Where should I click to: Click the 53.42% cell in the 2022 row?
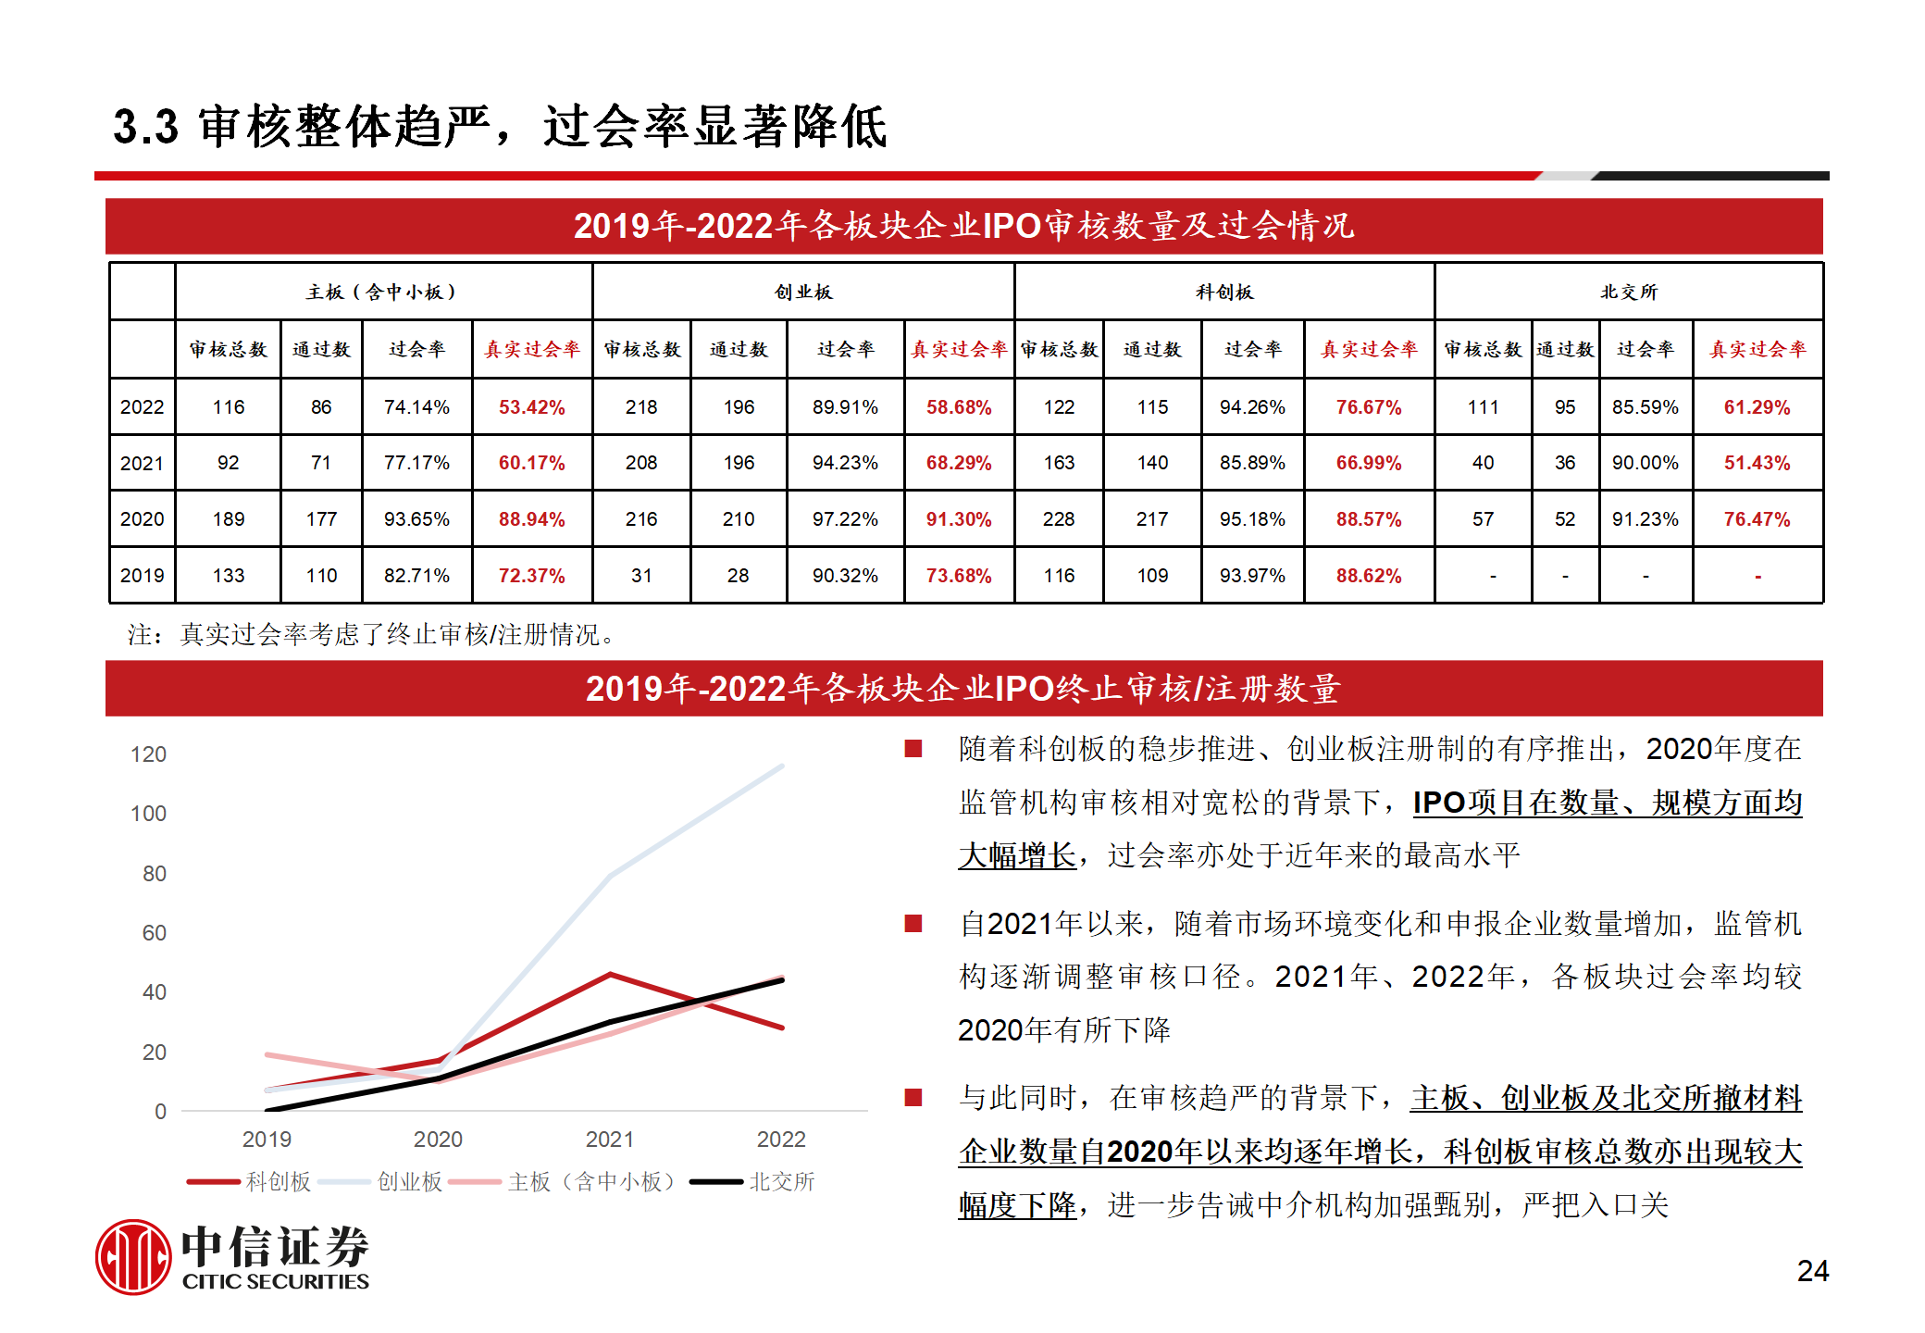(531, 407)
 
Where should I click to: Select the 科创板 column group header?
(1223, 293)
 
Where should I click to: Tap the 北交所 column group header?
(1629, 293)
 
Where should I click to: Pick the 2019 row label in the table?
(142, 576)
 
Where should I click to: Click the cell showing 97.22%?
(845, 519)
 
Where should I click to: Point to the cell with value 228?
(1059, 519)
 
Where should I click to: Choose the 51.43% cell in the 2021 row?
(1757, 463)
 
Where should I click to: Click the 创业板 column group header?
(803, 293)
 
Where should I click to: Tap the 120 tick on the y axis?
(148, 754)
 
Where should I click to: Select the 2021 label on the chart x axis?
(610, 1140)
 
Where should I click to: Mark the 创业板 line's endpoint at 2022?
(783, 766)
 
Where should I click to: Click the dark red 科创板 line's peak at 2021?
(610, 974)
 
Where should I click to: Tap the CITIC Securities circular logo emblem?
(133, 1257)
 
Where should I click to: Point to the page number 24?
(1812, 1271)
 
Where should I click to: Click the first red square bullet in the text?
(913, 749)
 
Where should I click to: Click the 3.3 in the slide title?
(145, 127)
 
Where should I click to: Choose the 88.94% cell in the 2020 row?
(531, 519)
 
